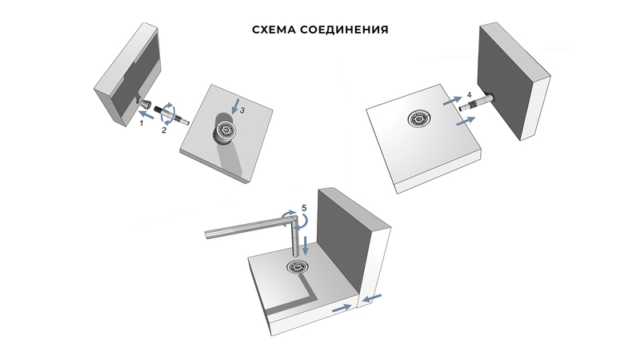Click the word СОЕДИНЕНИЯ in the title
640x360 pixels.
[344, 30]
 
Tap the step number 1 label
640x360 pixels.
[142, 123]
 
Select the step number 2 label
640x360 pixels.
[164, 130]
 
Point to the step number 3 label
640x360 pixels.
[242, 110]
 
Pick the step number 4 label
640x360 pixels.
[469, 94]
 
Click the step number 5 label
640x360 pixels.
[304, 208]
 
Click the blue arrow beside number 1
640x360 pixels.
[146, 114]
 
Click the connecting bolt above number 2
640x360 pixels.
[171, 114]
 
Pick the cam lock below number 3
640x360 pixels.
[226, 131]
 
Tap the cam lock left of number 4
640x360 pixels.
[419, 118]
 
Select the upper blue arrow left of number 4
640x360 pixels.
[453, 101]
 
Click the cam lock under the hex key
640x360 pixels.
[297, 268]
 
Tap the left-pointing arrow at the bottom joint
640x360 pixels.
[372, 298]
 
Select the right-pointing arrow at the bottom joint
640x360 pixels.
[342, 309]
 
